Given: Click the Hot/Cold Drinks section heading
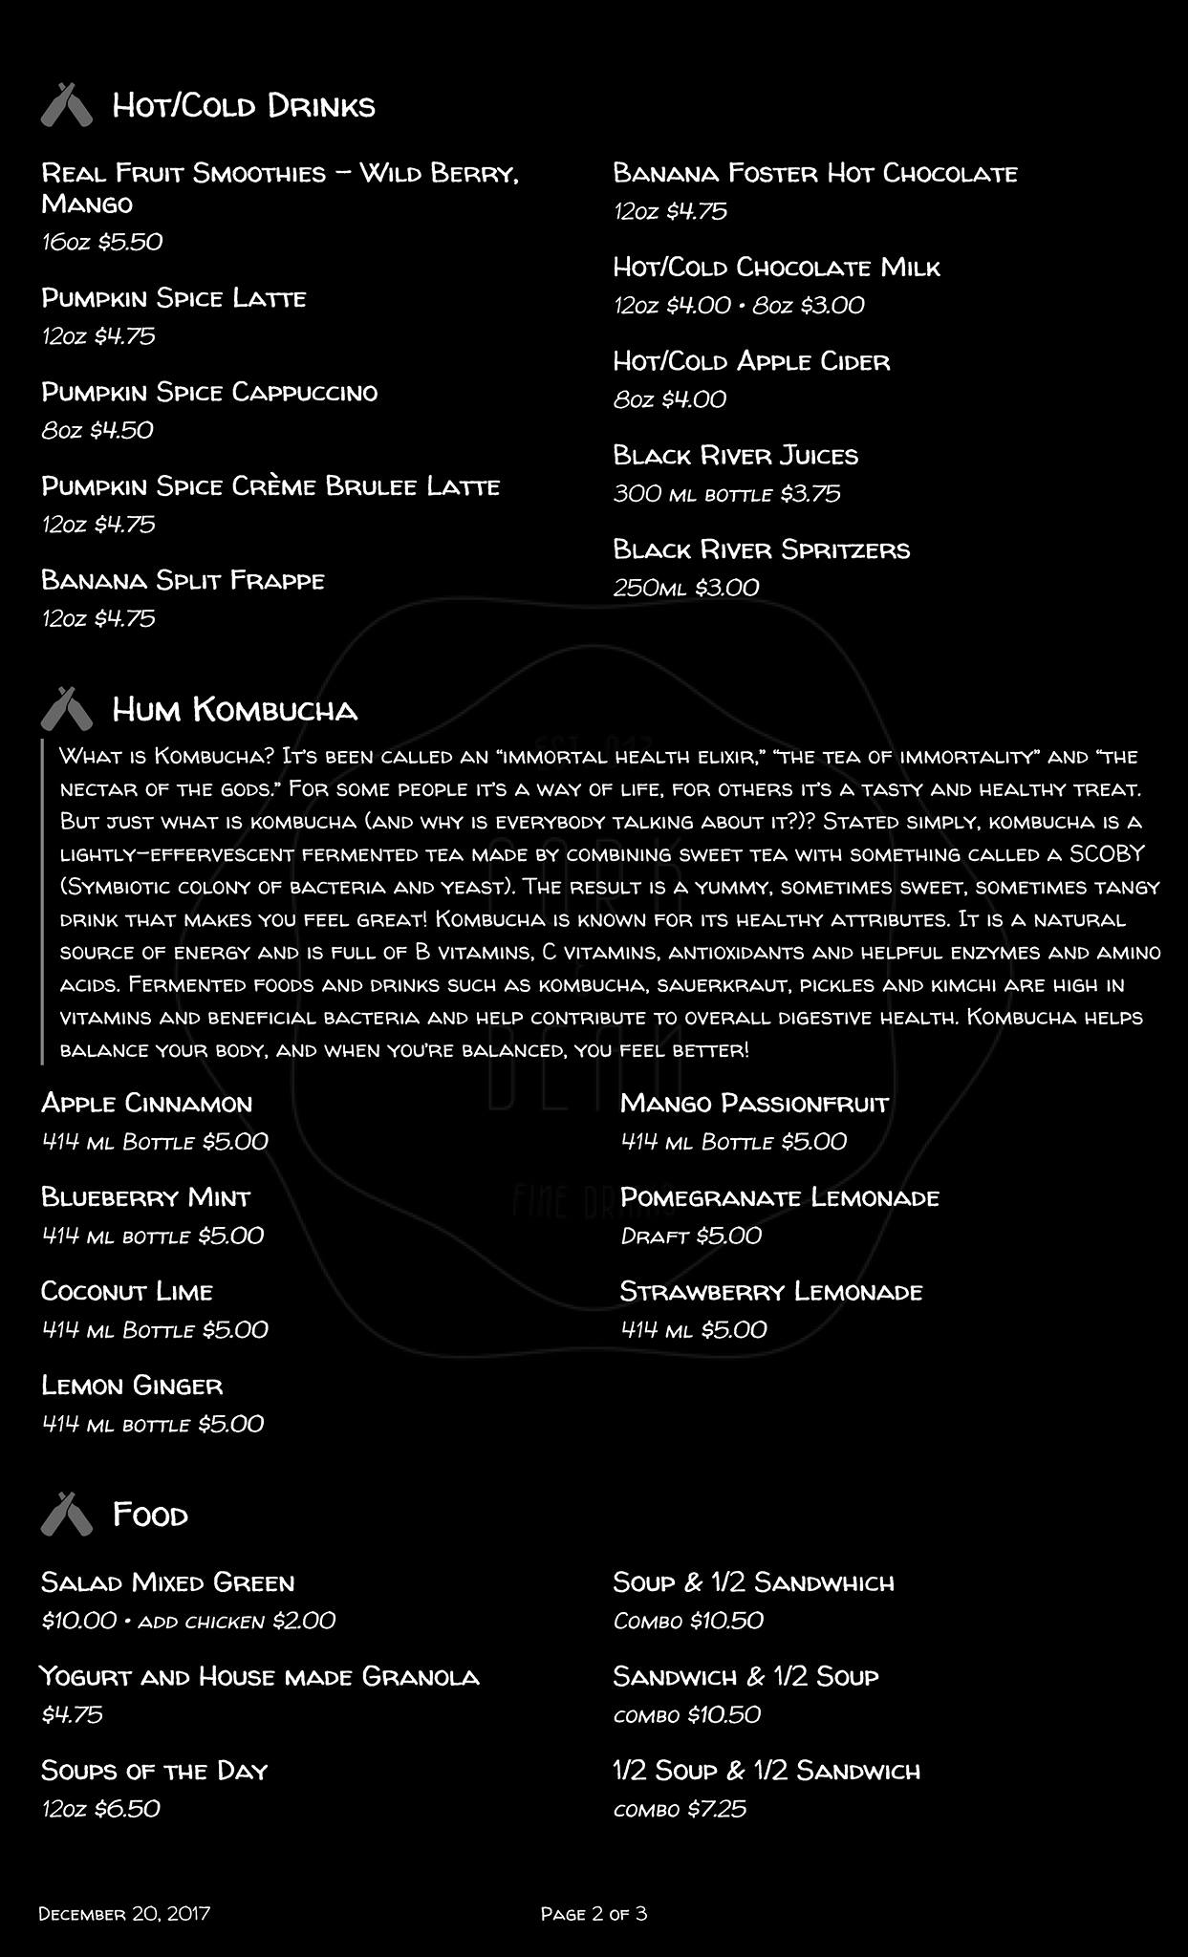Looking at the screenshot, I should click(x=243, y=105).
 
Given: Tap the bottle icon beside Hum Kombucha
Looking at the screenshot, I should click(x=66, y=708).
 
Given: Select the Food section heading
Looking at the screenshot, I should click(x=150, y=1514).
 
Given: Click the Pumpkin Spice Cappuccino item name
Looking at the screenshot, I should click(x=209, y=392).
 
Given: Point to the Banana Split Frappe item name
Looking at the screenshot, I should click(x=183, y=580).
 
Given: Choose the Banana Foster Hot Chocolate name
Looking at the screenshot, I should click(x=814, y=173).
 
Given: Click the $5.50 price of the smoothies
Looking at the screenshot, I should click(x=130, y=242).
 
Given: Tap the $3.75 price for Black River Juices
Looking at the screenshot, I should click(x=810, y=494).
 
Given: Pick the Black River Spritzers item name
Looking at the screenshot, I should click(x=761, y=549).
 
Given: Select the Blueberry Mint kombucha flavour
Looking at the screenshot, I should click(x=145, y=1197).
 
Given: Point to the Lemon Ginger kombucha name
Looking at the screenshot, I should click(x=132, y=1386).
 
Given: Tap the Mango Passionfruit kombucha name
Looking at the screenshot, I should click(x=754, y=1104).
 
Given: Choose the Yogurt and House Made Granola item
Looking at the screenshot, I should click(x=259, y=1676).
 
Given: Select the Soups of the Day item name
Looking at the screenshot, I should click(x=154, y=1771).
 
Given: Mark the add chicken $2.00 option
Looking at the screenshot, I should click(x=236, y=1621).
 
